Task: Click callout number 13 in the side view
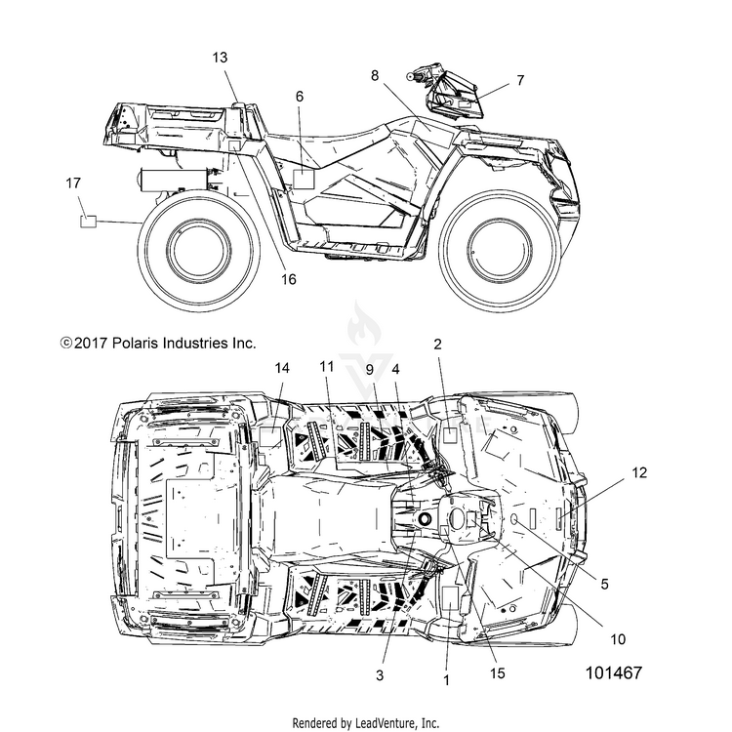pos(220,58)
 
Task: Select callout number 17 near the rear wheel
pos(73,183)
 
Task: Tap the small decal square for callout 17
pos(88,222)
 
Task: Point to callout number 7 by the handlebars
pos(520,80)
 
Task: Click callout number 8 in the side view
pos(375,75)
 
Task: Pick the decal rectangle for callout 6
pos(304,180)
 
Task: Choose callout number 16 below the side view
pos(289,279)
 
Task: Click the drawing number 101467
pos(614,672)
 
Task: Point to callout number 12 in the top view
pos(639,473)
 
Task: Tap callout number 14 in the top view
pos(282,368)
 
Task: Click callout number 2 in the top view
pos(437,345)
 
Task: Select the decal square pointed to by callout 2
pos(450,434)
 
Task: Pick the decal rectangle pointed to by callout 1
pos(450,598)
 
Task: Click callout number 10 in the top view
pos(618,639)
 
